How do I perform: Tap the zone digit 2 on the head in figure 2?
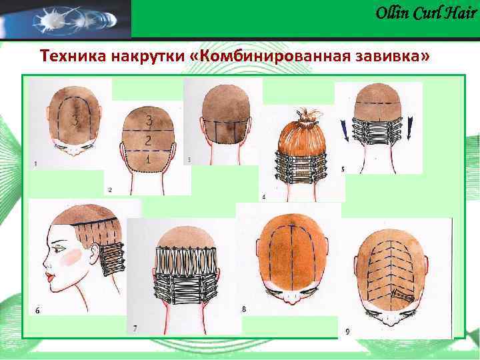pos(149,140)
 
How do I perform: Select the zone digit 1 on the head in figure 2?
pos(149,160)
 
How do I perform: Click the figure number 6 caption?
pos(37,311)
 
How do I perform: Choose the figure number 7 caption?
pos(135,328)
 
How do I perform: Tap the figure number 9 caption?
pos(348,331)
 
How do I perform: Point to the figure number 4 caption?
pos(264,197)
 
